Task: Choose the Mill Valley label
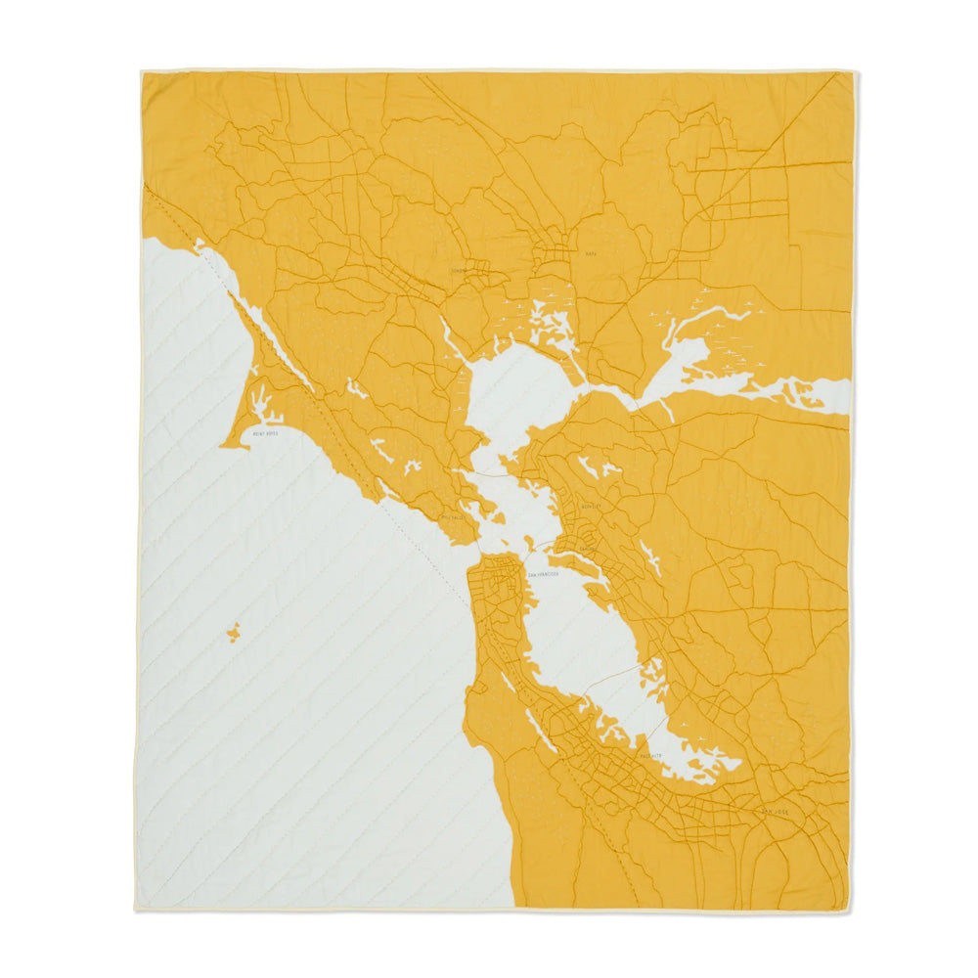pos(456,518)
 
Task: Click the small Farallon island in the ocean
pos(234,633)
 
